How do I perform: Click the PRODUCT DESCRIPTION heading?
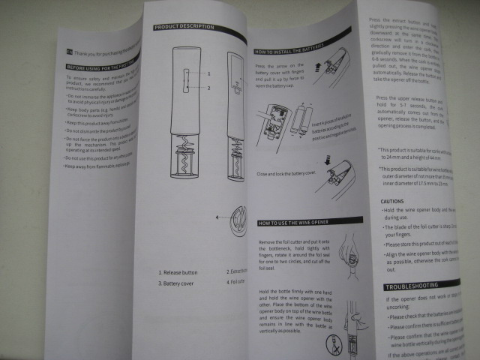click(x=184, y=27)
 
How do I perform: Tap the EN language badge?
click(x=69, y=52)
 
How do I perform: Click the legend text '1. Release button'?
click(x=177, y=273)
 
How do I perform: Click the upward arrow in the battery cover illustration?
click(x=316, y=67)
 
